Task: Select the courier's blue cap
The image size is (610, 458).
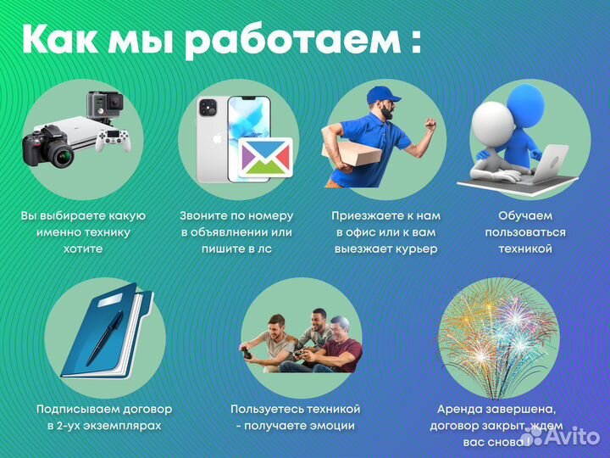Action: [382, 94]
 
